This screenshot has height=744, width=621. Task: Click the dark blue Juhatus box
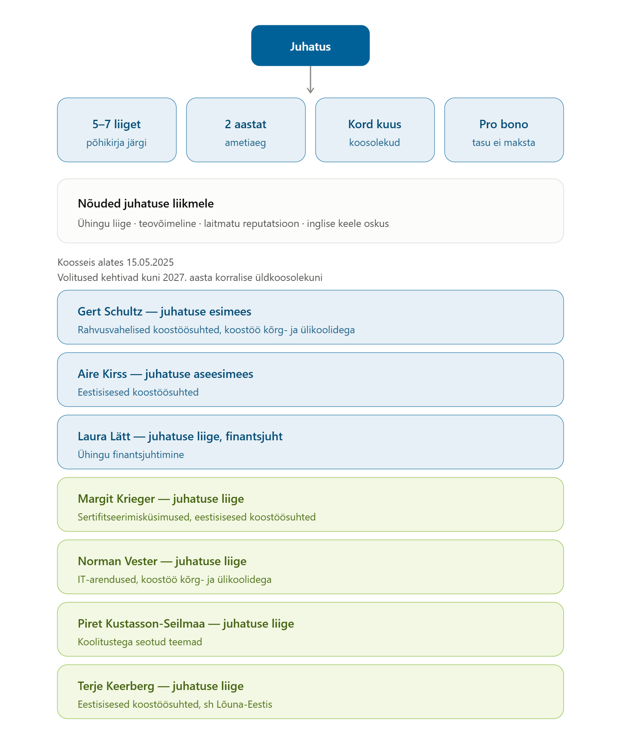coord(310,46)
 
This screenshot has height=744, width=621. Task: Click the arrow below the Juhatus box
coord(310,79)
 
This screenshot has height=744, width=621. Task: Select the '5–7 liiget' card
coord(117,130)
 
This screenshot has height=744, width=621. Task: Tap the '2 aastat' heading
coord(246,124)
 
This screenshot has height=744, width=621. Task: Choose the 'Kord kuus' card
coord(375,130)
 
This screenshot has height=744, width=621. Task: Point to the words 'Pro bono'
coord(504,124)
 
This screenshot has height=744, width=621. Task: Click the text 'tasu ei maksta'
coord(504,143)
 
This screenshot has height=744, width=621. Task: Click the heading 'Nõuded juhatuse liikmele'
coord(146,203)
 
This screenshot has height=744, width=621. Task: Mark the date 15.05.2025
coord(150,262)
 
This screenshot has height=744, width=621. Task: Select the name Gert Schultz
coord(110,311)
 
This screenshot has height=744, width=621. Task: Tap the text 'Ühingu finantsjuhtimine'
coord(131,455)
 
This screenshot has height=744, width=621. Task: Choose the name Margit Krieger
coord(116,499)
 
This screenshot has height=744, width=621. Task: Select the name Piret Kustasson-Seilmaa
coord(141,623)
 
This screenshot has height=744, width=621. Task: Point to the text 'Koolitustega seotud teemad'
coord(140,642)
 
